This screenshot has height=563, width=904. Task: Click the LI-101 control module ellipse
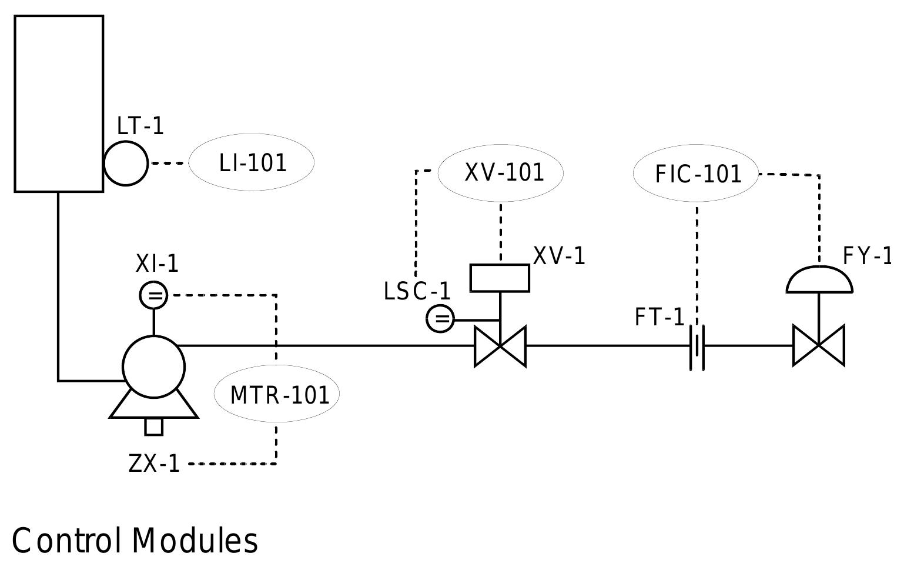point(252,163)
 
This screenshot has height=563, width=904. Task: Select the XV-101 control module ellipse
point(501,172)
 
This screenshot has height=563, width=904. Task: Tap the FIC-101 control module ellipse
point(697,174)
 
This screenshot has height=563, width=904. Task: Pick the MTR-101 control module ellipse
point(277,394)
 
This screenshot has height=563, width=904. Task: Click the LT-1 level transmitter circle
point(126,163)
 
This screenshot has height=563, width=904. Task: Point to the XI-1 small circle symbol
point(154,295)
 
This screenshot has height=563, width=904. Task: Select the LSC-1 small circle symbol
point(440,319)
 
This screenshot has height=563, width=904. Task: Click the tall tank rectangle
point(59,104)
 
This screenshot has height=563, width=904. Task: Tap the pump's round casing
point(154,367)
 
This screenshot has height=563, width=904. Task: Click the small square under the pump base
point(154,427)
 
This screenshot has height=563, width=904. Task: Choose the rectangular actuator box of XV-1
point(500,278)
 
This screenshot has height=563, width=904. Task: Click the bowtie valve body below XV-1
point(500,346)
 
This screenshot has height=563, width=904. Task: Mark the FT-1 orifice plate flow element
point(697,347)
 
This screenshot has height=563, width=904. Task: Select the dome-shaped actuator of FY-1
point(819,281)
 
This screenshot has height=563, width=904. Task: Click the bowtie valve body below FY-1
point(819,346)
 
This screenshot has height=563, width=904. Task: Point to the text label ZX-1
point(154,464)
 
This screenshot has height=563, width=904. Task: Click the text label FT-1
point(659,318)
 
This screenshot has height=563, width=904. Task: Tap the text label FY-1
point(867,256)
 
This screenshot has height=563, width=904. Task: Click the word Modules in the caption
point(195,541)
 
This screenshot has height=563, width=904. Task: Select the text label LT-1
point(140,126)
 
